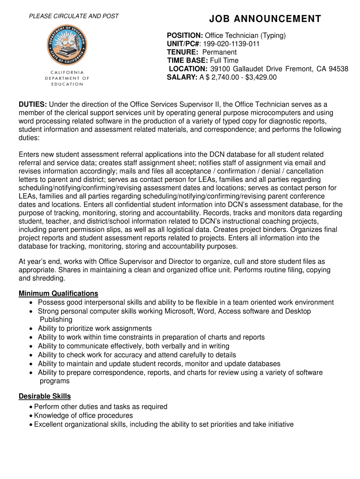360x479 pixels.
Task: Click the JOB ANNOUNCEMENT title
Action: (x=265, y=19)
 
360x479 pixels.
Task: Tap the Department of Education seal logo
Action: (x=66, y=46)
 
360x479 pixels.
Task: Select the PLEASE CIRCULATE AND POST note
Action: (x=74, y=16)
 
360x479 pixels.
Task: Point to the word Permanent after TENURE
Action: (x=219, y=52)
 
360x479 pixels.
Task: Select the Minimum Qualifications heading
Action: (x=58, y=294)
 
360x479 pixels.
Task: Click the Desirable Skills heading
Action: (x=45, y=397)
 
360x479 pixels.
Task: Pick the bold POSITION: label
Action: (x=185, y=36)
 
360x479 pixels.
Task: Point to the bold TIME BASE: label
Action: (x=187, y=61)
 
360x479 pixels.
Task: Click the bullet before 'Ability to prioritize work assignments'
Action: (x=31, y=328)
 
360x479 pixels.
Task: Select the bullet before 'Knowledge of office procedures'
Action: (x=30, y=416)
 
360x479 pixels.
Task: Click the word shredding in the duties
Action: (x=49, y=278)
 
